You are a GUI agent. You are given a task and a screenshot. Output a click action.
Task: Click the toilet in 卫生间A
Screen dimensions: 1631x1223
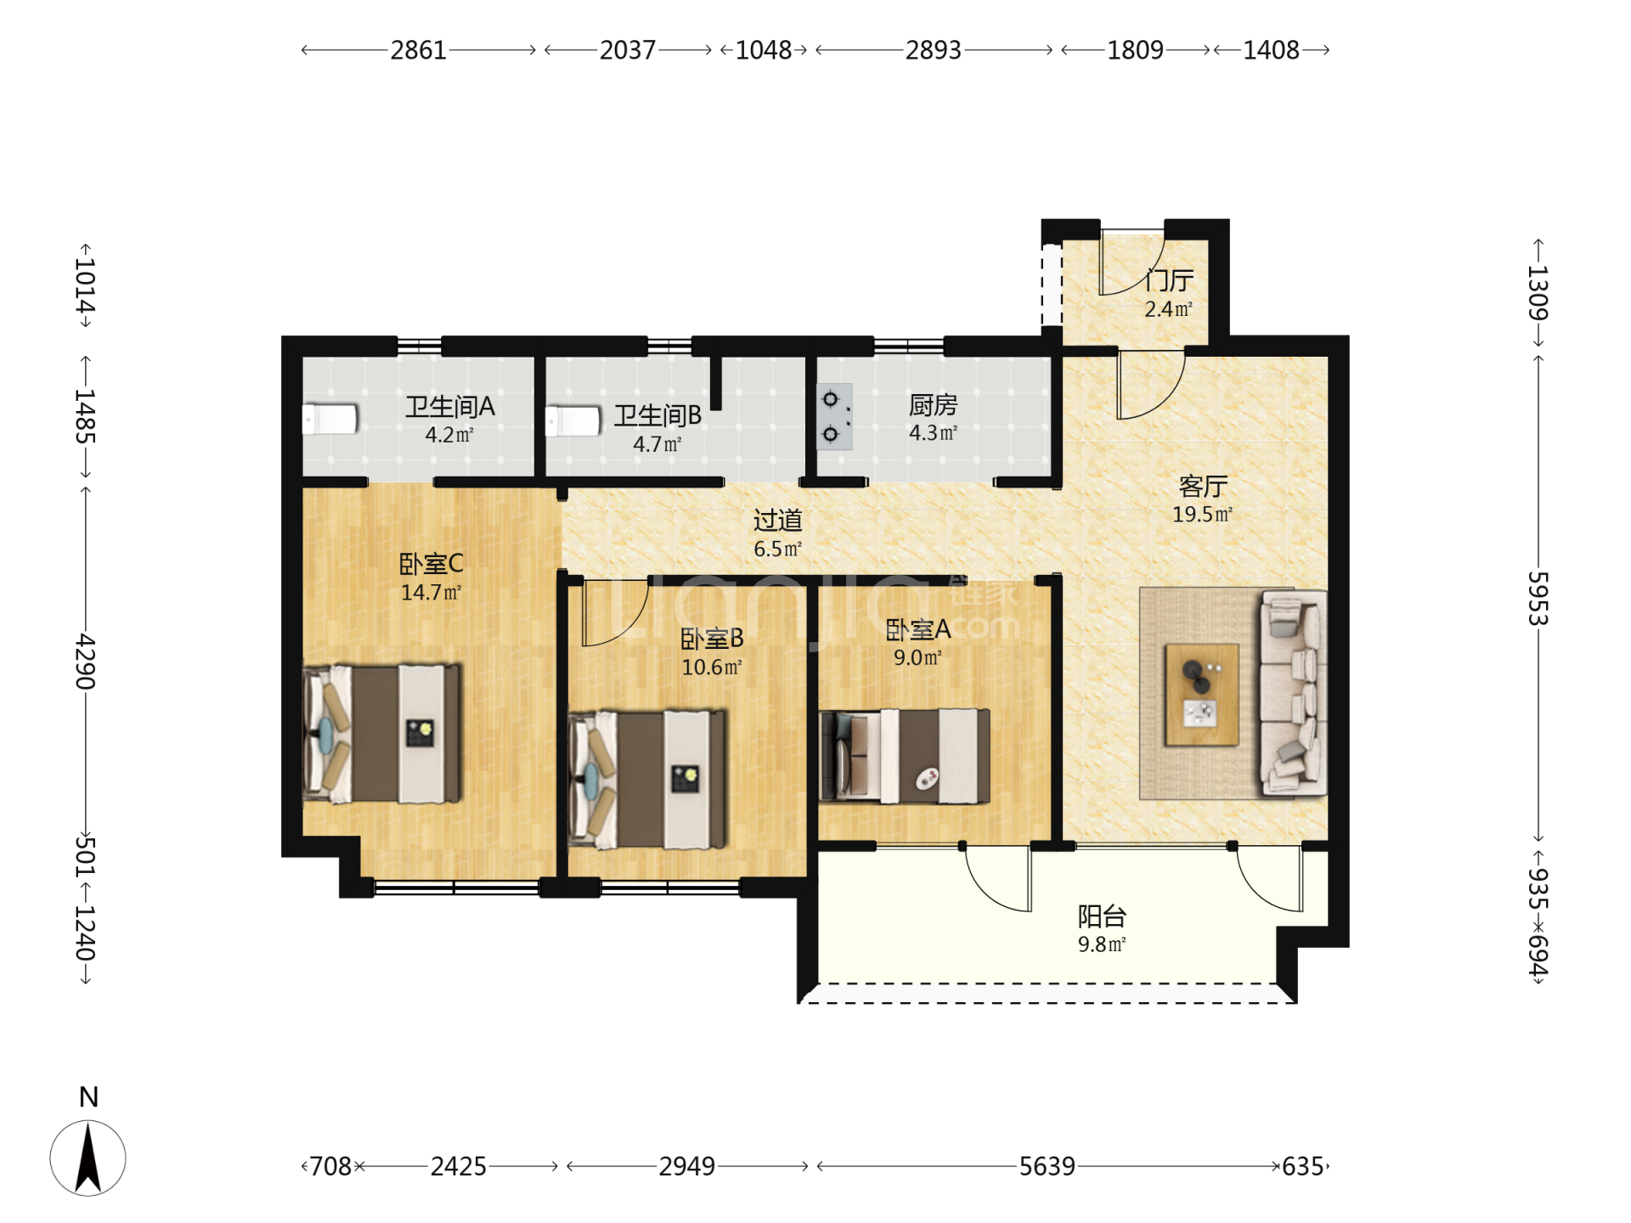[x=330, y=419]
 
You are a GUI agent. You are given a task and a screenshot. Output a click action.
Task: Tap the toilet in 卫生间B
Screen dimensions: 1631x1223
[x=573, y=421]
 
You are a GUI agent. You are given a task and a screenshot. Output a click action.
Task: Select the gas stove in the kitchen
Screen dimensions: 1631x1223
[x=834, y=416]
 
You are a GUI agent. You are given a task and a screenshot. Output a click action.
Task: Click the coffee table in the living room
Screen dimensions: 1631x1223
[x=1201, y=695]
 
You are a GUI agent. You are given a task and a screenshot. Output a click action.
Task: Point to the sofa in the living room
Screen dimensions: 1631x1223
[x=1293, y=693]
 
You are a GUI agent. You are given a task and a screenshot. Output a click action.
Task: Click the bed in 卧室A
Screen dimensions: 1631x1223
[x=905, y=756]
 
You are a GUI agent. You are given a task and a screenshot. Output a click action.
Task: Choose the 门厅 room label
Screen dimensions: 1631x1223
[x=1170, y=280]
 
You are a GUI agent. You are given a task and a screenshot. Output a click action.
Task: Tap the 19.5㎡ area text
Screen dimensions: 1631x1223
[x=1202, y=515]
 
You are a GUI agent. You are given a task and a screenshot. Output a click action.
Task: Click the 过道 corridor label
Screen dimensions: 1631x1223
[x=777, y=520]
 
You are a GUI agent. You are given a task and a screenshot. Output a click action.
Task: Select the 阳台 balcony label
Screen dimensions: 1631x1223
[x=1102, y=916]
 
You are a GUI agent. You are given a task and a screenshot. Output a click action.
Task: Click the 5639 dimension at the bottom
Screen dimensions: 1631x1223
[x=1047, y=1166]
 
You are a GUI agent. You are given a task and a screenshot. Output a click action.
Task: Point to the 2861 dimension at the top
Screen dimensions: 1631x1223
[x=418, y=50]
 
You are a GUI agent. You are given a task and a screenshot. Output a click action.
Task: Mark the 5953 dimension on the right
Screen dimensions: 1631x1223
[x=1538, y=599]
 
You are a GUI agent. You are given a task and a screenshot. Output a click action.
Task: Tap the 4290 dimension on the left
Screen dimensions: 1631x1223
[x=85, y=661]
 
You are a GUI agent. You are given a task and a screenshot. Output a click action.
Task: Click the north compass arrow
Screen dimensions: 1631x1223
[x=88, y=1158]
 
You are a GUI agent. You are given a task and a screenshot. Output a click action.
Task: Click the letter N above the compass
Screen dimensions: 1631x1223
[x=88, y=1097]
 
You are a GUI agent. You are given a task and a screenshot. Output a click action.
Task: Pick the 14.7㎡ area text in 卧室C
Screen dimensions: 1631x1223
[x=431, y=593]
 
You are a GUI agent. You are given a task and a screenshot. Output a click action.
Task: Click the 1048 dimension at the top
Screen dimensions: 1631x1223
[x=763, y=50]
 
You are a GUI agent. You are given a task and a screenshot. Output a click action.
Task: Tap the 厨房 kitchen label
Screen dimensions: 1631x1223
[x=933, y=405]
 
